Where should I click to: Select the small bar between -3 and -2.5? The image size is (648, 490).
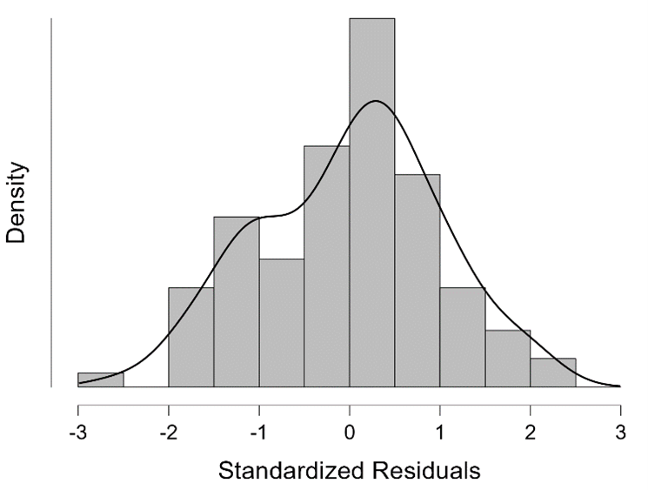pyautogui.click(x=101, y=379)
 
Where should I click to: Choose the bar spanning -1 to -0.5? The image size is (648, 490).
pyautogui.click(x=282, y=322)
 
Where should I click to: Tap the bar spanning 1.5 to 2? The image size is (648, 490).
pyautogui.click(x=507, y=358)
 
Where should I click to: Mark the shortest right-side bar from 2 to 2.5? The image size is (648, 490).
pyautogui.click(x=552, y=373)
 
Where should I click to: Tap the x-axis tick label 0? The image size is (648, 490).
pyautogui.click(x=349, y=433)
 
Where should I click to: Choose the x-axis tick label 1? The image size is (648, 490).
pyautogui.click(x=439, y=433)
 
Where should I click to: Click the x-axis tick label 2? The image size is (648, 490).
pyautogui.click(x=530, y=433)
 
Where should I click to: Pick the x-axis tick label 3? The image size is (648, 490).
pyautogui.click(x=620, y=433)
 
